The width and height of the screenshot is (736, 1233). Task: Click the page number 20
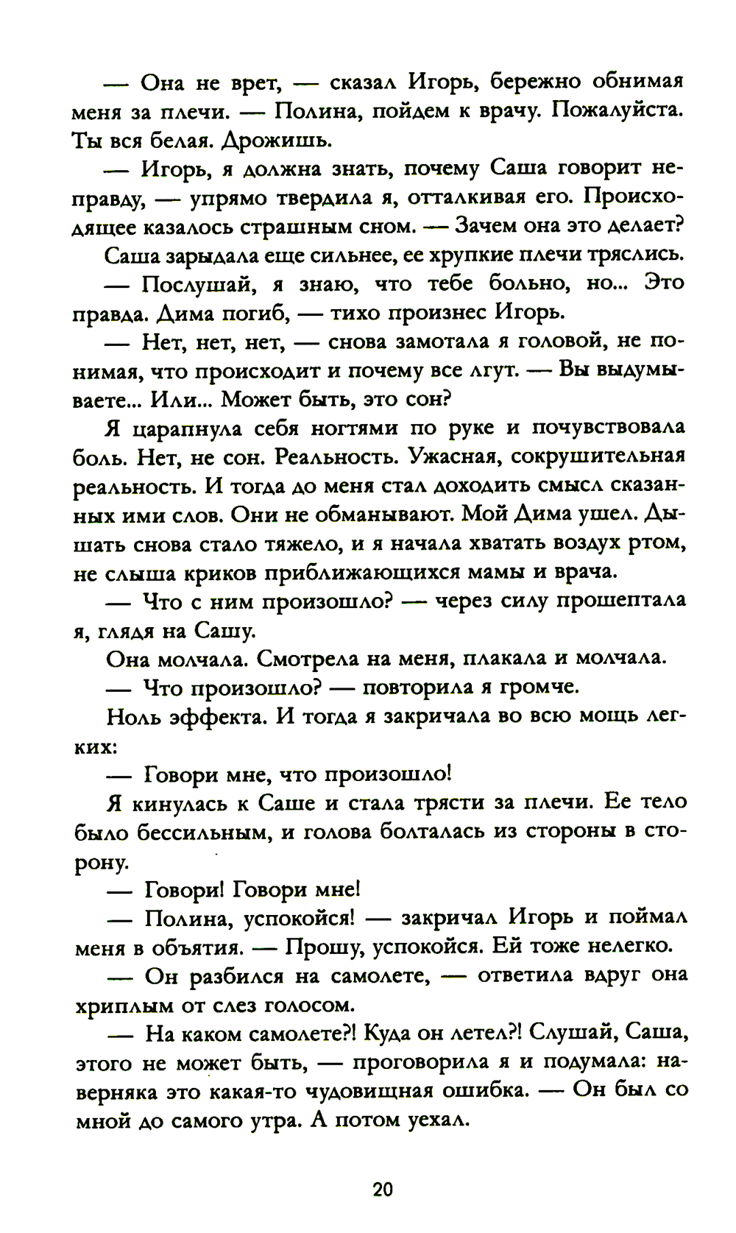point(383,1189)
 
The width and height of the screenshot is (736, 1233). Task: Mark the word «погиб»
point(251,313)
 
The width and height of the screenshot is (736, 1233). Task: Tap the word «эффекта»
point(217,716)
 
